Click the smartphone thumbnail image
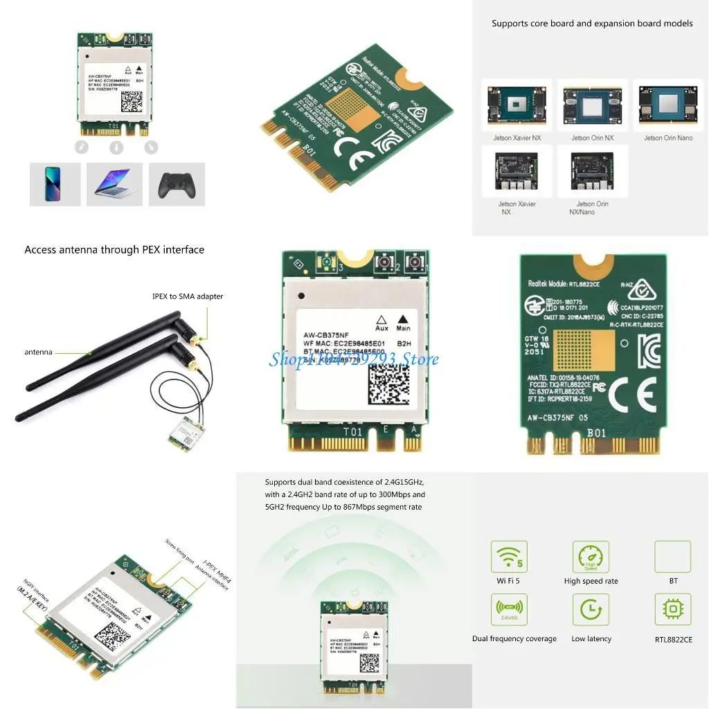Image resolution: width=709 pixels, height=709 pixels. pyautogui.click(x=55, y=184)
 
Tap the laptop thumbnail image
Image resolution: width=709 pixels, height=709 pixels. pyautogui.click(x=114, y=184)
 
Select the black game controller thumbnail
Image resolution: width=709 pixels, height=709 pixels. pyautogui.click(x=177, y=184)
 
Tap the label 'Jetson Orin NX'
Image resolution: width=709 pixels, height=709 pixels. pyautogui.click(x=592, y=138)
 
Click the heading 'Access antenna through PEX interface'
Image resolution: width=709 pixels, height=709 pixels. pyautogui.click(x=114, y=250)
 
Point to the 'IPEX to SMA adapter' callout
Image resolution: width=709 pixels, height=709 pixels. pyautogui.click(x=188, y=296)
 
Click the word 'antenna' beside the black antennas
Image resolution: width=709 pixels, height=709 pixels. pyautogui.click(x=38, y=352)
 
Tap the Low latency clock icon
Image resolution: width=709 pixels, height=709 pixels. pyautogui.click(x=591, y=610)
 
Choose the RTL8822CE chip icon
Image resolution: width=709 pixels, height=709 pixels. pyautogui.click(x=673, y=610)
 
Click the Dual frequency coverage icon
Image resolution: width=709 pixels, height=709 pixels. pyautogui.click(x=509, y=610)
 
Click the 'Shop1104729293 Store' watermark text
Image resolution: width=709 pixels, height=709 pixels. pyautogui.click(x=354, y=359)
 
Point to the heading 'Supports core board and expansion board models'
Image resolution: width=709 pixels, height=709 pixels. pyautogui.click(x=592, y=24)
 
